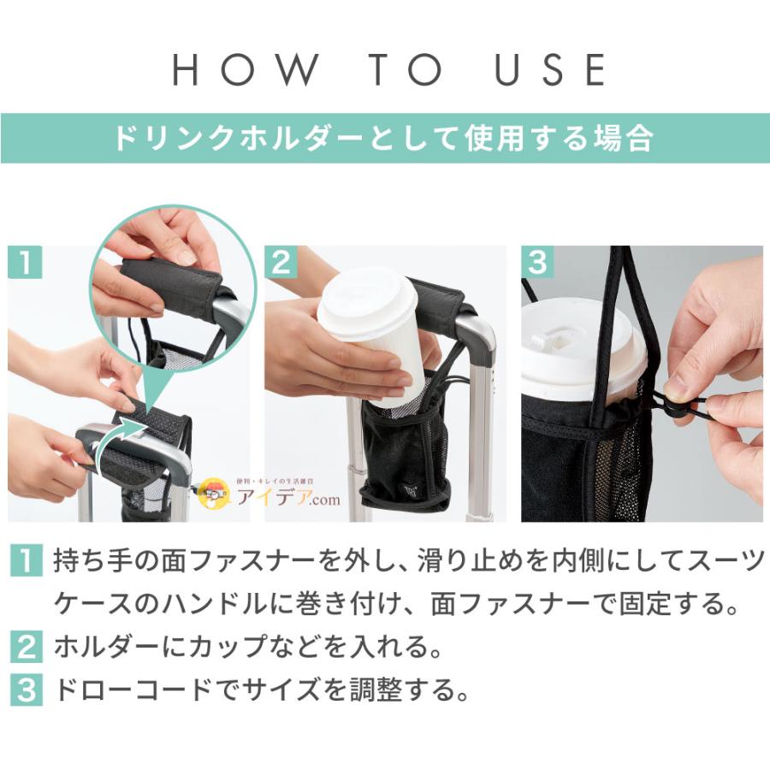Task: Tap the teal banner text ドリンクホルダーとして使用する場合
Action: click(384, 138)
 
